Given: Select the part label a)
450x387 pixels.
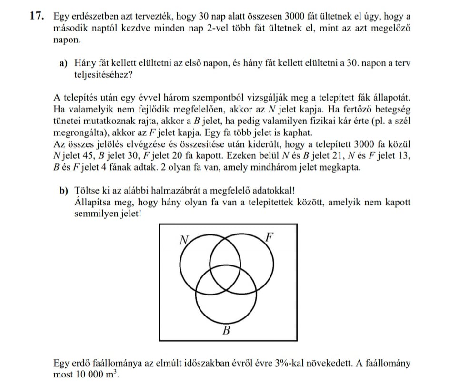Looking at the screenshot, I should (63, 64).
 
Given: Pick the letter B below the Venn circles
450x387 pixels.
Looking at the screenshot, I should (227, 331).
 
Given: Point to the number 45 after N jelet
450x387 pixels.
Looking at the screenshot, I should (89, 156).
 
